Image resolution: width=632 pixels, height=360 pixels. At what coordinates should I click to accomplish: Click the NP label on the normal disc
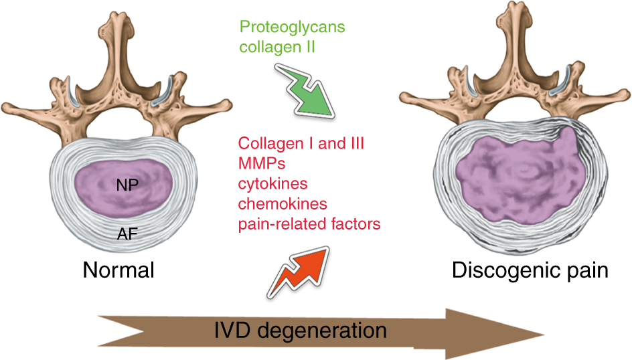127,185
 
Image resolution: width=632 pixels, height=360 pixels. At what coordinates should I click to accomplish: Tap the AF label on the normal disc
127,234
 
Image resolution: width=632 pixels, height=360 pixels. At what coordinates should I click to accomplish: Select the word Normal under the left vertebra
118,270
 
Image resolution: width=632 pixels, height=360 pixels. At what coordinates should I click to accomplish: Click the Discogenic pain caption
530,270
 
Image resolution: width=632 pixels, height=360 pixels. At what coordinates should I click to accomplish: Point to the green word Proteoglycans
292,27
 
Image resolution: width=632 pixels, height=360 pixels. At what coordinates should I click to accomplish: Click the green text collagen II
277,47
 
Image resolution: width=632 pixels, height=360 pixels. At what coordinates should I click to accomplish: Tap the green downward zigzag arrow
305,92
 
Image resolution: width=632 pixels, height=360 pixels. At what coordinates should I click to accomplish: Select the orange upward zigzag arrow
299,272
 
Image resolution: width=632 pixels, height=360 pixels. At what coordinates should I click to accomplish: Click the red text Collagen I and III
301,143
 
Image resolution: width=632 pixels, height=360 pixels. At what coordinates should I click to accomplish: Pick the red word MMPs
262,163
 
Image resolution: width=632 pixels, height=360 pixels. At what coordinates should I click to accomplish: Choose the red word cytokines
273,183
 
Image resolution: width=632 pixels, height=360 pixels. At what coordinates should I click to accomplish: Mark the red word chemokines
283,204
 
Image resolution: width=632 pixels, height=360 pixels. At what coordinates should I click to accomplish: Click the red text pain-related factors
309,224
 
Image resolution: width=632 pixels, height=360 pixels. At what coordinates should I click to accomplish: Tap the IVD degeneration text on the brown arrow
301,331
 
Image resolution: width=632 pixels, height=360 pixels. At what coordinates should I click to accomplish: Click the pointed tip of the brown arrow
544,334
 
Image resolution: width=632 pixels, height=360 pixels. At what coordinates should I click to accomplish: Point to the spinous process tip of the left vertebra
116,16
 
